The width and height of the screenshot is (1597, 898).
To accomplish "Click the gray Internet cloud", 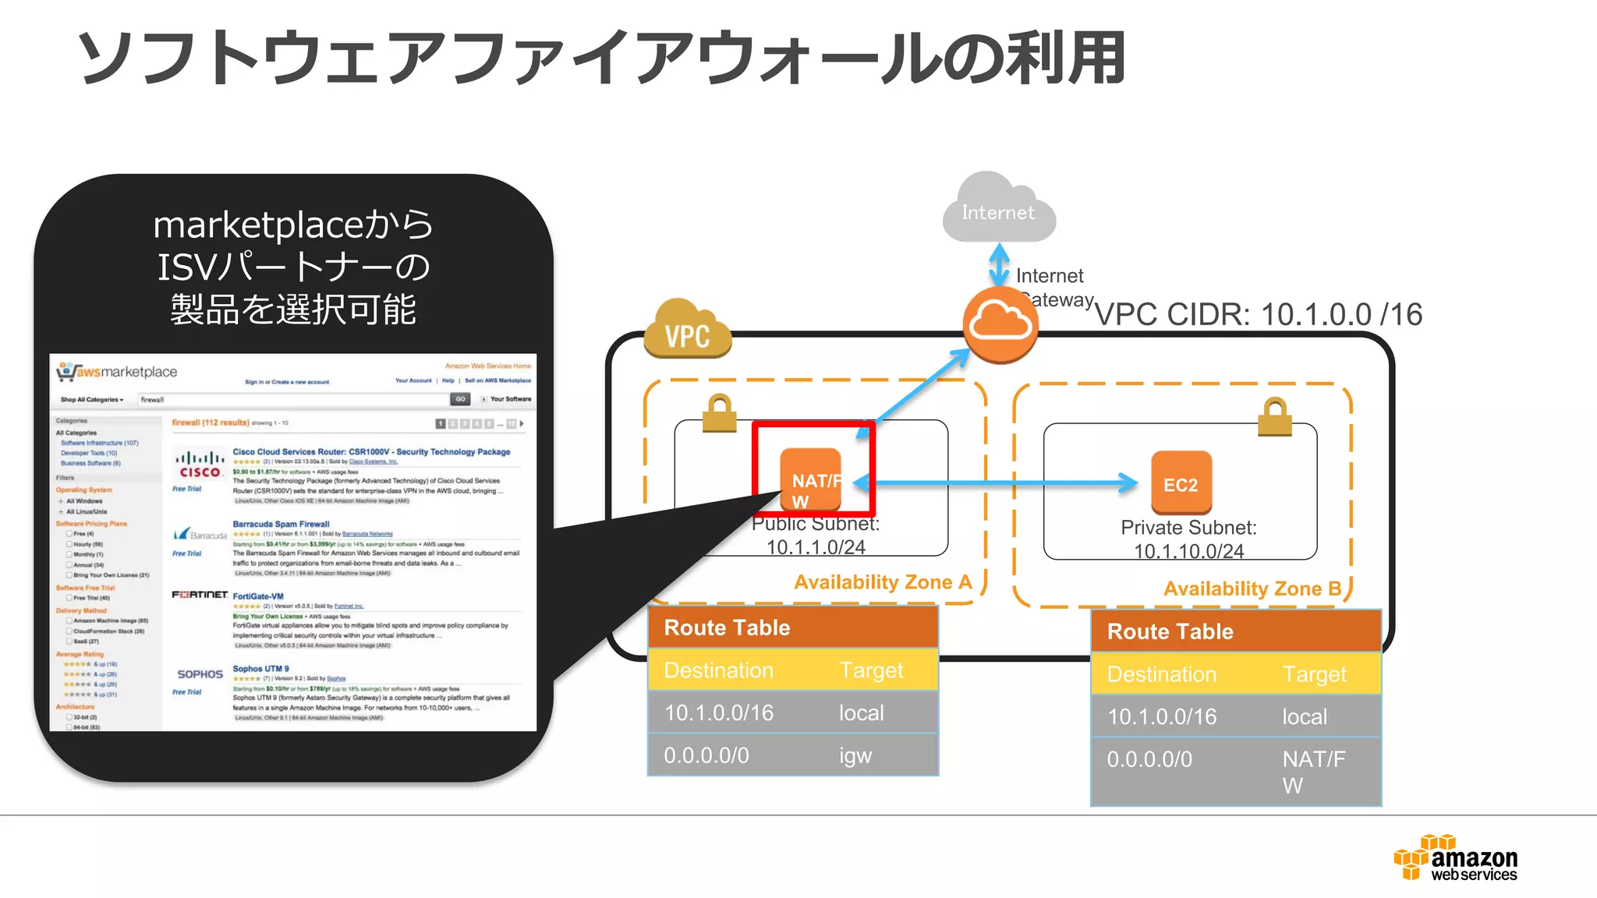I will [998, 210].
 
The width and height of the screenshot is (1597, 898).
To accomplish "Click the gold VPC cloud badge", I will [687, 332].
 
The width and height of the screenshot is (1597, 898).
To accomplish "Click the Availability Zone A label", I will [883, 582].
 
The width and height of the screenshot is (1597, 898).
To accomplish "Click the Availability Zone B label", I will [1252, 589].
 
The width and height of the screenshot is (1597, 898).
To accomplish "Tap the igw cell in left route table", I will [855, 755].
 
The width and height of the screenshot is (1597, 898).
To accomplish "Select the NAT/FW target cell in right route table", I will [1313, 771].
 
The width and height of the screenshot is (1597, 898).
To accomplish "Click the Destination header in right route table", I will [1161, 674].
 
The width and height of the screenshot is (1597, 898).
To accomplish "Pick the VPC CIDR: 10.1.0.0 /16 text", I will [1258, 314].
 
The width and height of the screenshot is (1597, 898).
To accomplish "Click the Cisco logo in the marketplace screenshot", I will [200, 465].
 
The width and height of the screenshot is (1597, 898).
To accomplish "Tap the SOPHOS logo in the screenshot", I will [200, 674].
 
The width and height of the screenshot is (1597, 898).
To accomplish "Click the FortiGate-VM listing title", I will [258, 596].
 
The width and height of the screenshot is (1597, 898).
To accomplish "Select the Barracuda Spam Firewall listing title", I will [281, 524].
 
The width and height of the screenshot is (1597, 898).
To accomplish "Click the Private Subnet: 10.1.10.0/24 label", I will [1188, 539].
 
